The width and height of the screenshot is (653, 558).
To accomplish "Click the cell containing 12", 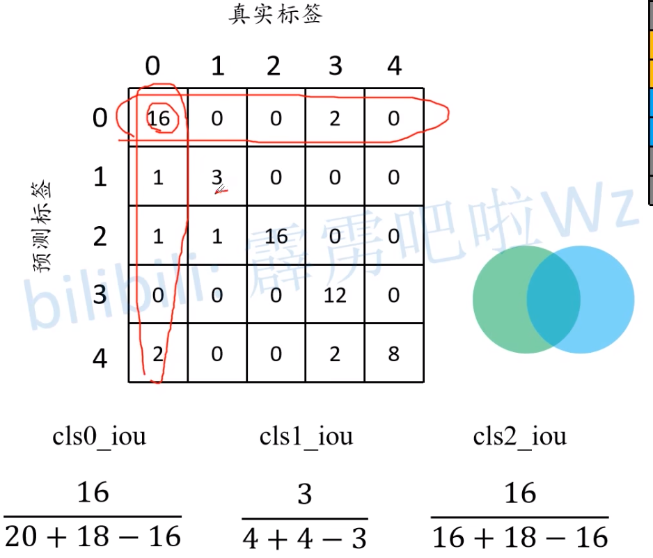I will click(x=335, y=295).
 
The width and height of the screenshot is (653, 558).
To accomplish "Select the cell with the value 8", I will click(x=393, y=354).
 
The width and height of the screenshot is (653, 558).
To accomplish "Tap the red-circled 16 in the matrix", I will click(x=159, y=118).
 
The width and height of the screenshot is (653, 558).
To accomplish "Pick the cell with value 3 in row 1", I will click(x=217, y=177).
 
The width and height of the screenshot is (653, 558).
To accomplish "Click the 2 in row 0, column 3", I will click(x=335, y=118).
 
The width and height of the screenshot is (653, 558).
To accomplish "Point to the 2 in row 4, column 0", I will click(x=158, y=354).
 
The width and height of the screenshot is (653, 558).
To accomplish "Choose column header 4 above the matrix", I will click(x=394, y=66).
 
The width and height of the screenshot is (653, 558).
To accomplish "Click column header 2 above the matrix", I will click(x=273, y=66).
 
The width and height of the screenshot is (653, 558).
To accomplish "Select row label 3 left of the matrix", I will click(x=100, y=295).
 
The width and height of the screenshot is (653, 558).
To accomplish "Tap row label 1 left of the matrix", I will click(x=100, y=177).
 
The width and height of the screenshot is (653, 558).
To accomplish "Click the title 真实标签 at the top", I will click(x=276, y=15).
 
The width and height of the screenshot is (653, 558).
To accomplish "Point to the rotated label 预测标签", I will click(x=43, y=228).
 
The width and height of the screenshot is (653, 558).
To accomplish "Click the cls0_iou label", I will click(x=100, y=436).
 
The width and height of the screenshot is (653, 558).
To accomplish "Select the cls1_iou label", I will click(x=306, y=436).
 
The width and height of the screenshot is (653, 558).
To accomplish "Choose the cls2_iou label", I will click(x=520, y=436).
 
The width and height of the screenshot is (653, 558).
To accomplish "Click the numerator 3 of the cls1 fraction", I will click(x=305, y=494).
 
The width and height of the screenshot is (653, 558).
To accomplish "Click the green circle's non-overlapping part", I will click(x=498, y=299).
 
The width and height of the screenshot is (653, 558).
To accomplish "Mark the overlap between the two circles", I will click(x=553, y=299).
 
